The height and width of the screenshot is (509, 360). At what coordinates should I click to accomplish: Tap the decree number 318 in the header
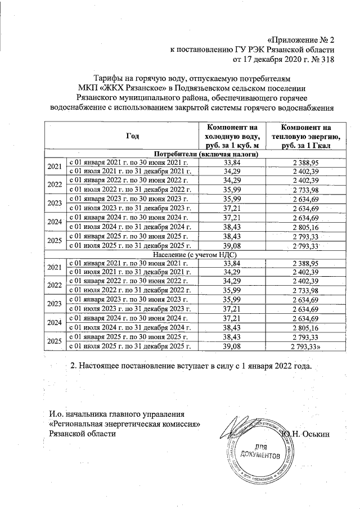[x=325, y=60]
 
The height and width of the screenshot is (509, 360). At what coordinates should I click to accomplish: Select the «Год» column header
[x=132, y=137]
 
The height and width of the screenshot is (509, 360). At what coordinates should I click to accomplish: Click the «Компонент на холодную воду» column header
[x=232, y=137]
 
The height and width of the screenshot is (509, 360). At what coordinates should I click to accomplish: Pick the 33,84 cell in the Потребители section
[x=232, y=162]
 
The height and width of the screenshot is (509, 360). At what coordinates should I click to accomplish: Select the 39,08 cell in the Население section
[x=232, y=346]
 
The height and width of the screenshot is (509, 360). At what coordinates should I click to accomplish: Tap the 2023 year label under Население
[x=55, y=305]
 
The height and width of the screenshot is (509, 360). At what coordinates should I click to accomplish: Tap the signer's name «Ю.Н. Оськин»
[x=309, y=434]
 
